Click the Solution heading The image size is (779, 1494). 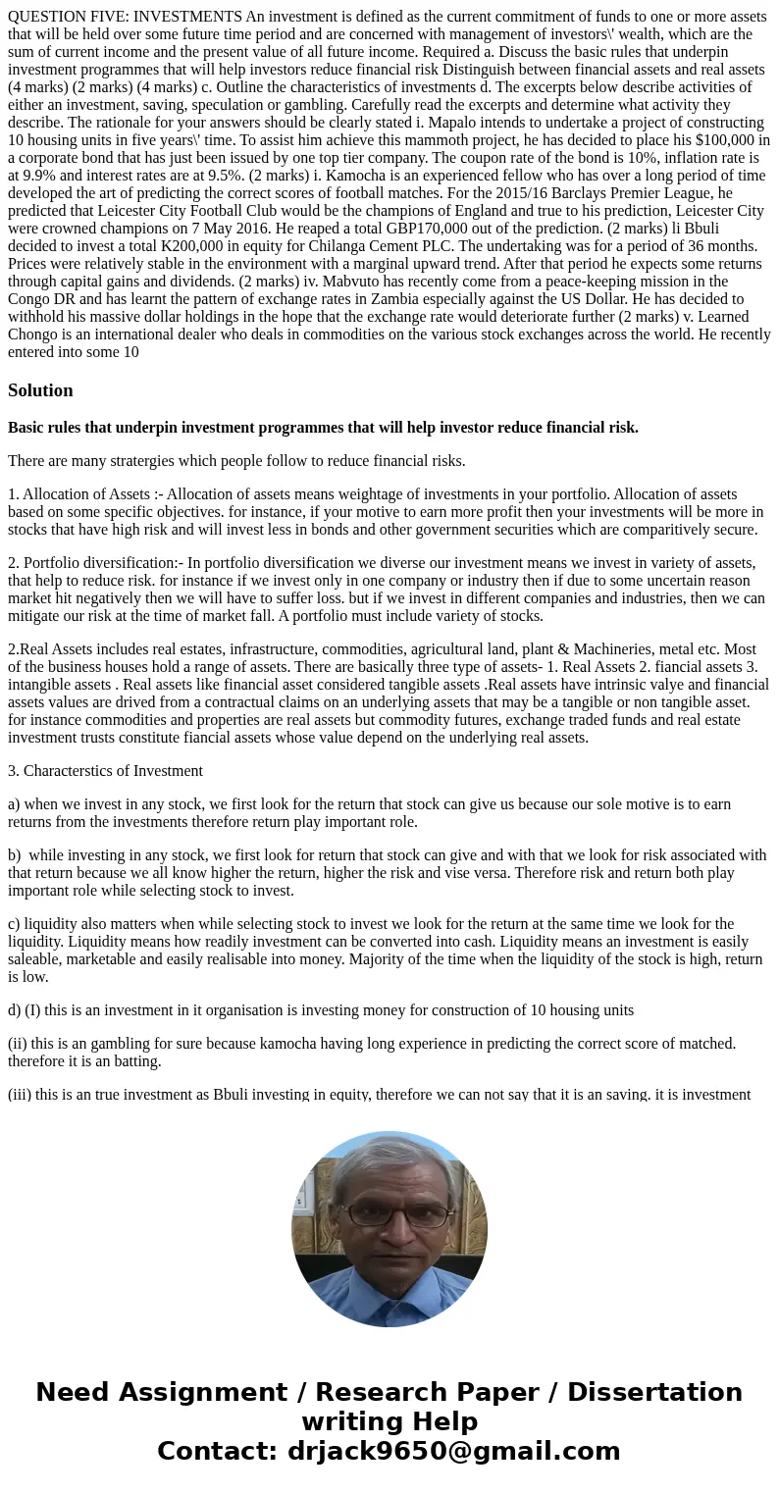point(40,390)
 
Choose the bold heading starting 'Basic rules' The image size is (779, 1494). point(323,428)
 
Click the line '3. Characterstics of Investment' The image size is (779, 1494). point(105,771)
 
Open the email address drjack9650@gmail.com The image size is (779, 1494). point(453,1452)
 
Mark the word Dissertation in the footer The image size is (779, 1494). point(654,1393)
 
